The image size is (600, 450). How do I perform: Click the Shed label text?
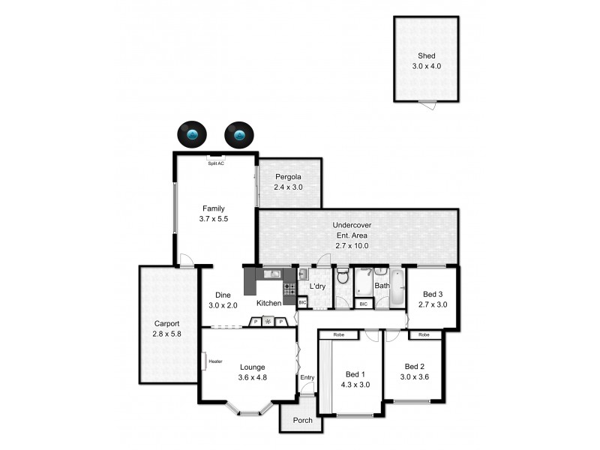point(426,55)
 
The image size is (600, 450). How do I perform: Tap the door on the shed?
point(427,104)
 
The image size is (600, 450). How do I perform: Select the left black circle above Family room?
point(193,135)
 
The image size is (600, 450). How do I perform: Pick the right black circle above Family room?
point(239,135)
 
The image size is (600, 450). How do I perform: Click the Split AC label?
point(215,162)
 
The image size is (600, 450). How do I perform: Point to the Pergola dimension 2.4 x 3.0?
point(288,187)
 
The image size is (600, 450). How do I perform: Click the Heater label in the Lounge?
point(216,361)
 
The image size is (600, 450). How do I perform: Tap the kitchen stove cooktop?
point(289,286)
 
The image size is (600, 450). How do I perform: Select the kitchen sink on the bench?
point(271,274)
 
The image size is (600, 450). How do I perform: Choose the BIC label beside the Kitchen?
point(302,302)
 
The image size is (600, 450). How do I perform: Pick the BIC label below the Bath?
point(364,304)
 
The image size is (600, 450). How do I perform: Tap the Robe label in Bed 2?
point(424,334)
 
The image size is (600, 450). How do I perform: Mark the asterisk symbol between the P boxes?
point(267,322)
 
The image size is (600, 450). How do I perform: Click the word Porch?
point(302,420)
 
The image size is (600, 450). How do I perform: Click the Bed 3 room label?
point(433,294)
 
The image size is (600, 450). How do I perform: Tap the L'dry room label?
point(316,286)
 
